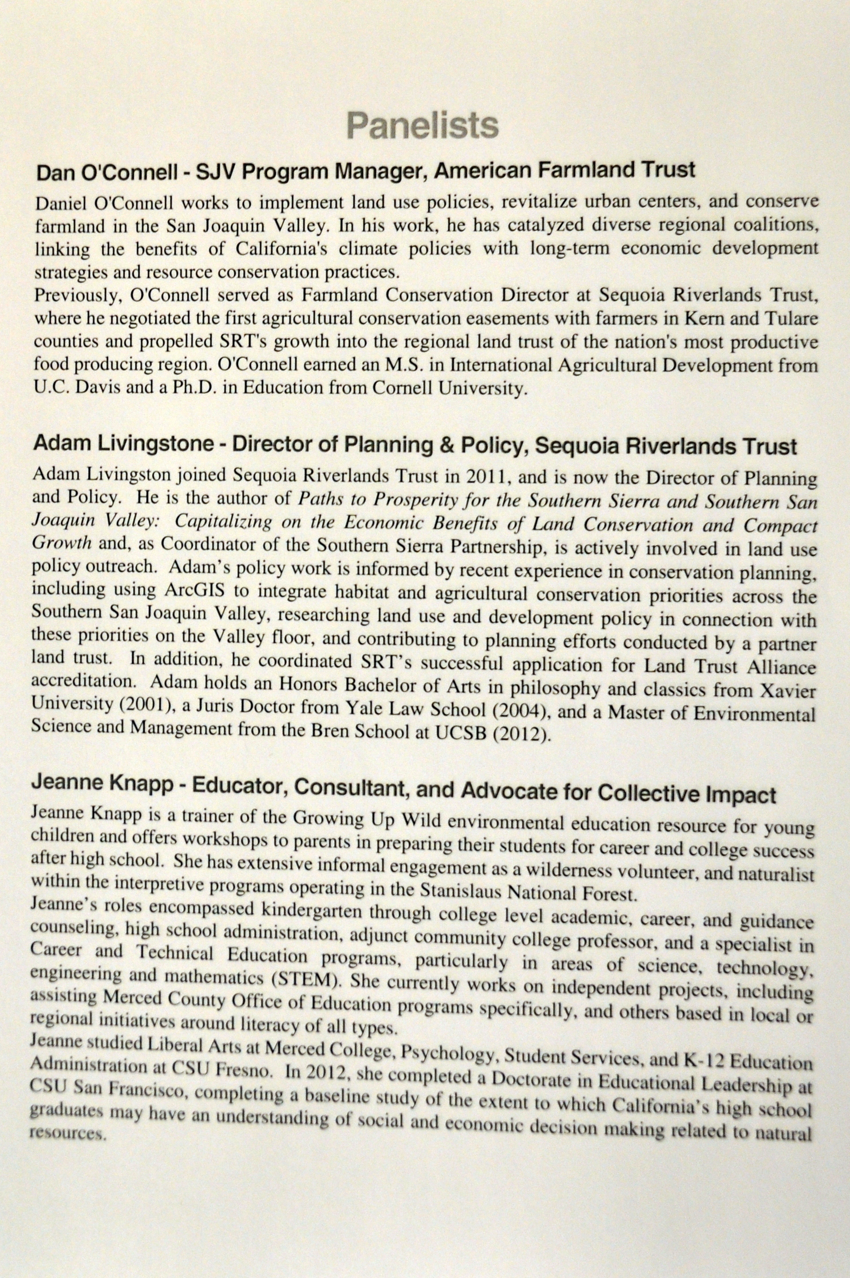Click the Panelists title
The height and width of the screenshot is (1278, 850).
pyautogui.click(x=422, y=125)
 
